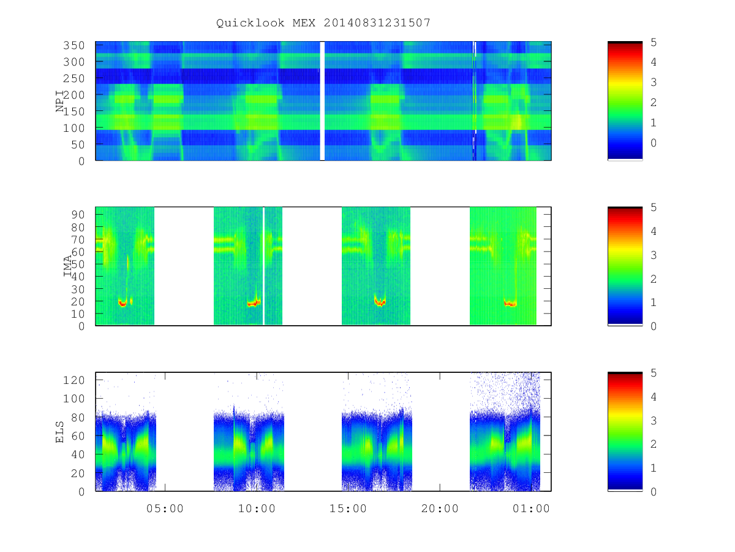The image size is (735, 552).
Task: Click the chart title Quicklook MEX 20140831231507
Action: pyautogui.click(x=323, y=23)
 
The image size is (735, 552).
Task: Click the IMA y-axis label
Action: pyautogui.click(x=67, y=266)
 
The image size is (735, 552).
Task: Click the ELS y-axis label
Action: pyautogui.click(x=59, y=432)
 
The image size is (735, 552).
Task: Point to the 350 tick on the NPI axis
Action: pyautogui.click(x=73, y=45)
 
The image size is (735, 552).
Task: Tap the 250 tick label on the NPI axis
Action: pyautogui.click(x=73, y=79)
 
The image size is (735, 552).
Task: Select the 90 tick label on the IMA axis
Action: pyautogui.click(x=78, y=215)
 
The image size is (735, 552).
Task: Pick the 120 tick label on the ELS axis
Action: pyautogui.click(x=73, y=380)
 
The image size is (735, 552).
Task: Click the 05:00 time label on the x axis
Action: pyautogui.click(x=165, y=508)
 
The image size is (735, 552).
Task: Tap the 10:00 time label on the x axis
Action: pyautogui.click(x=257, y=508)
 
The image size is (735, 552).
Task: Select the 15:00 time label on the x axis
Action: pyautogui.click(x=348, y=508)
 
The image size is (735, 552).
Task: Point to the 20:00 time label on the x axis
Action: pyautogui.click(x=440, y=508)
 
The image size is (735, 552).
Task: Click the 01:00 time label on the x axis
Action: pyautogui.click(x=531, y=508)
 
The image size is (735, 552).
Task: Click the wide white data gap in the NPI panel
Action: pyautogui.click(x=322, y=101)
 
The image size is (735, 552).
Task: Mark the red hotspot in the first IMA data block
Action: pyautogui.click(x=123, y=303)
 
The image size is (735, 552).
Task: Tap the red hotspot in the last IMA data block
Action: pyautogui.click(x=510, y=304)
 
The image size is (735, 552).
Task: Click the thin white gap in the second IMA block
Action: pyautogui.click(x=264, y=266)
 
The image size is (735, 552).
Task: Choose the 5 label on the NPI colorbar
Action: pyautogui.click(x=654, y=42)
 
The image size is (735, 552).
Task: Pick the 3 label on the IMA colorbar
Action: pyautogui.click(x=654, y=255)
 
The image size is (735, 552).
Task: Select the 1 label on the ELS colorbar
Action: pyautogui.click(x=654, y=468)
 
